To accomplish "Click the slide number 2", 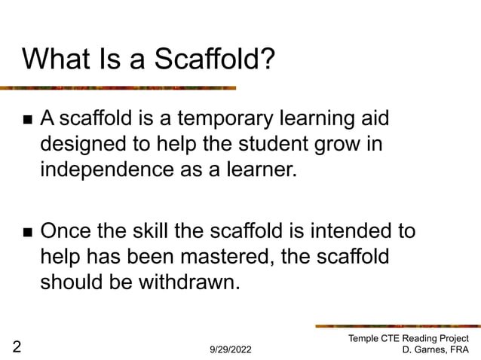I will (17, 346).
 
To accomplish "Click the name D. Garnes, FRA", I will (435, 350).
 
